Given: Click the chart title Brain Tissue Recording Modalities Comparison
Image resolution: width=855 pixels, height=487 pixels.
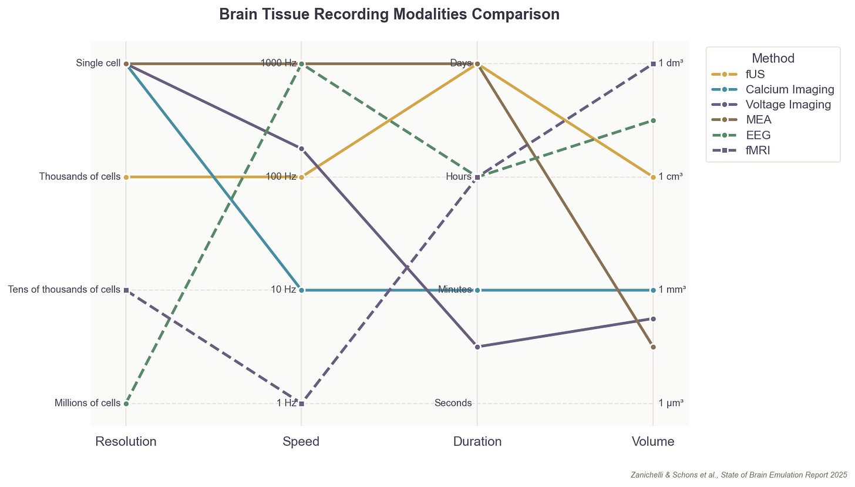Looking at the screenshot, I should point(389,15).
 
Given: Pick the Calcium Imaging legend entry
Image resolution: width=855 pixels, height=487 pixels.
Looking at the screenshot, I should point(789,89).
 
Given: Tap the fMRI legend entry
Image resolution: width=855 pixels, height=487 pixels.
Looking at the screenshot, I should point(758,150).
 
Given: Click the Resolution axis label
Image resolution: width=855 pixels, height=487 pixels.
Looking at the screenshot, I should point(126,442).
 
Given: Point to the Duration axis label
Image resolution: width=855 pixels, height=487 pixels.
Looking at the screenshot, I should point(477,442).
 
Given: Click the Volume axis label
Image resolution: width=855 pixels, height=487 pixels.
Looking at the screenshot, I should point(653,442).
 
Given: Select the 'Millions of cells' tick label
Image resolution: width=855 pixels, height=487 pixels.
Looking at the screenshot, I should point(87,403).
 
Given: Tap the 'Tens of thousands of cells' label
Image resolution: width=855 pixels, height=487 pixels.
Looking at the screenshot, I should point(64,290).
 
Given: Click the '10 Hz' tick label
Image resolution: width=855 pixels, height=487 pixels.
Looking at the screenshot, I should point(283,290).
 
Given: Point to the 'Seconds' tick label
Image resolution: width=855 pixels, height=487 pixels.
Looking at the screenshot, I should point(453,403).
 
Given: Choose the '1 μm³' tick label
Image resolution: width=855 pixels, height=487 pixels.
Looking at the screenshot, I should point(671,403).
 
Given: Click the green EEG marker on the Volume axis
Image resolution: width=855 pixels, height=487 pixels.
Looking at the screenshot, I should point(653,120).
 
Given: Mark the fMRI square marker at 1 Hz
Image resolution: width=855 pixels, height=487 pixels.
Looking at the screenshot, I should point(301,404).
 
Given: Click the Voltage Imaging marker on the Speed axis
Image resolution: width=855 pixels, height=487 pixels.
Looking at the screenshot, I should point(301,149).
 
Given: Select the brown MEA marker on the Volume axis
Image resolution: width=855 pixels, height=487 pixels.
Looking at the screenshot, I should point(653,347).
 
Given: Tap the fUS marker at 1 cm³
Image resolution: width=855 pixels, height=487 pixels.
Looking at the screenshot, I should point(653,177).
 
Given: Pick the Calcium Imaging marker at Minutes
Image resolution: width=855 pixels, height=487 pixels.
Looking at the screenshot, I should point(477,290).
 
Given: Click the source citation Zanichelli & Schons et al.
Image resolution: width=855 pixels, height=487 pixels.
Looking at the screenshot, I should point(739,474).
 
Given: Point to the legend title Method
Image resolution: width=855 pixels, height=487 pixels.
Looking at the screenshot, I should point(773,58).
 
